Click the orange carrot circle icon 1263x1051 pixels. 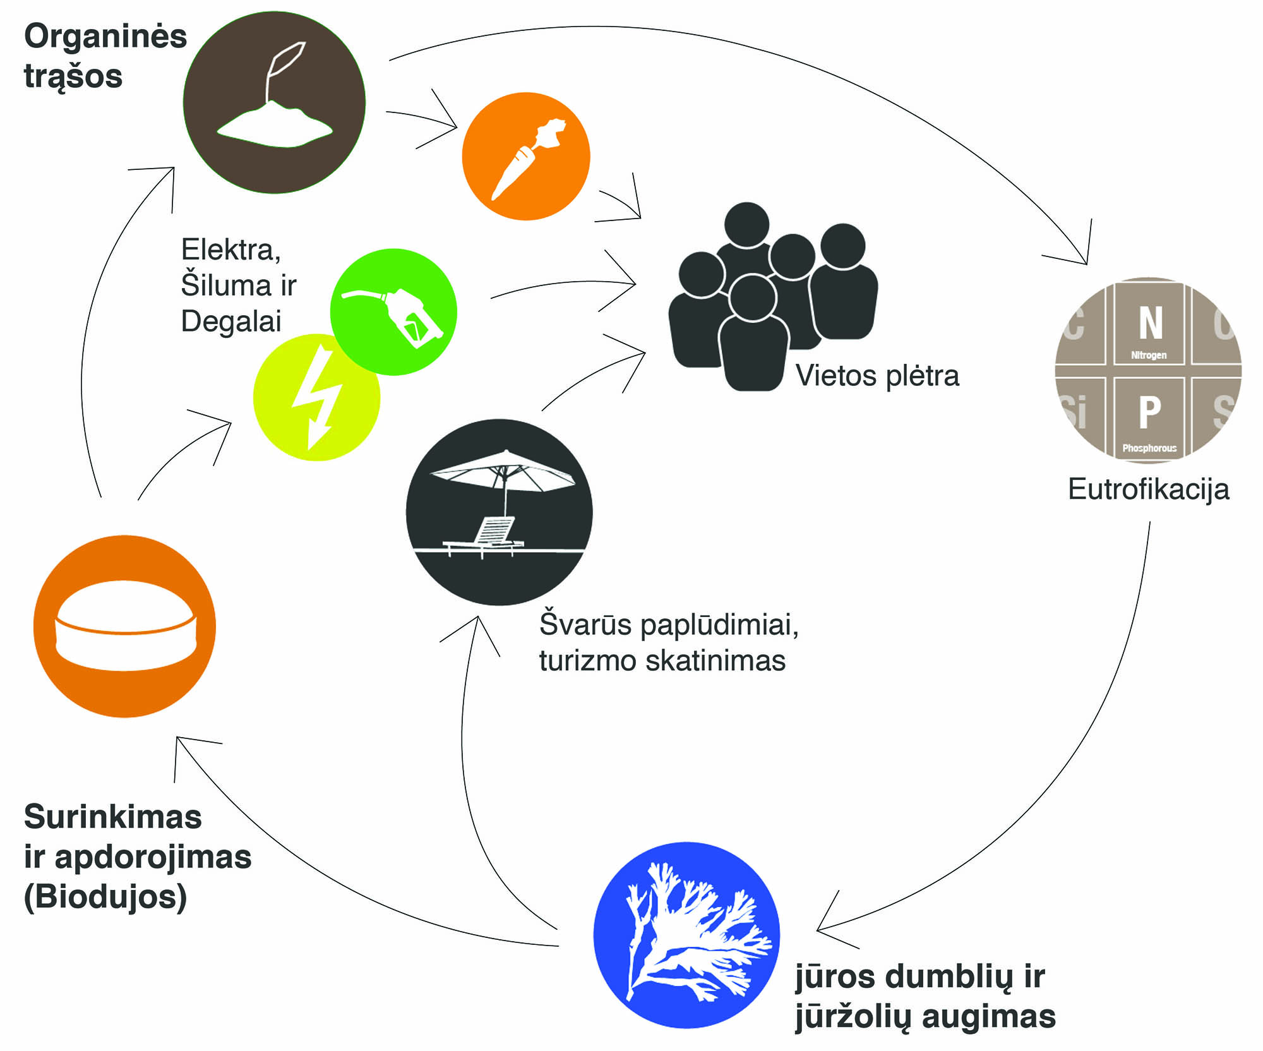pyautogui.click(x=526, y=157)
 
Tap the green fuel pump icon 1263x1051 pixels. pyautogui.click(x=393, y=312)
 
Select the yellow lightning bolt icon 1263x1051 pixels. pyautogui.click(x=316, y=397)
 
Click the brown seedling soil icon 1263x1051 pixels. pyautogui.click(x=274, y=102)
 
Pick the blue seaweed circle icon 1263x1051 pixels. pyautogui.click(x=686, y=935)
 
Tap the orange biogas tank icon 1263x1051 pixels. pyautogui.click(x=124, y=626)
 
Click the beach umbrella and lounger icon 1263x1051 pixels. pyautogui.click(x=499, y=512)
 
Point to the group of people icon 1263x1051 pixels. pyautogui.click(x=772, y=297)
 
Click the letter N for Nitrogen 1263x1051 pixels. pyautogui.click(x=1150, y=323)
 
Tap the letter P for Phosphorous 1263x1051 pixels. pyautogui.click(x=1149, y=412)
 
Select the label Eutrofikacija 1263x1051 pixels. pyautogui.click(x=1148, y=489)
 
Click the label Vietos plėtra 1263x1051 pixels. pyautogui.click(x=877, y=376)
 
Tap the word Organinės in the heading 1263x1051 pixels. pyautogui.click(x=105, y=36)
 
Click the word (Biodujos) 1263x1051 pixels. pyautogui.click(x=105, y=897)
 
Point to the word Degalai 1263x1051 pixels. pyautogui.click(x=231, y=321)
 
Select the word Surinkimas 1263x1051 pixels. pyautogui.click(x=113, y=817)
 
